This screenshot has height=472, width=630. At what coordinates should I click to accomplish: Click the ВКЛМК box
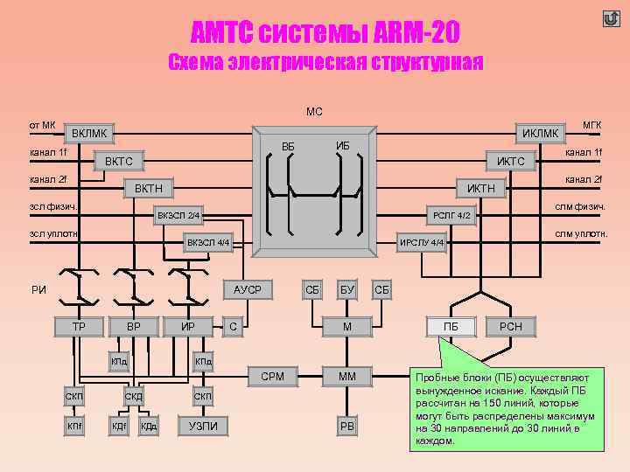[x=90, y=134]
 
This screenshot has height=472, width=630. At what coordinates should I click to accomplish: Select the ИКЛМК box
[x=539, y=133]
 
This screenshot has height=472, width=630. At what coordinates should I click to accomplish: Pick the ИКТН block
[x=480, y=188]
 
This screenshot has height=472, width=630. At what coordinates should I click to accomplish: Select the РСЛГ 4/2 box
[x=452, y=215]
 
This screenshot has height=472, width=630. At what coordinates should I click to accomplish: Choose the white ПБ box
[x=451, y=326]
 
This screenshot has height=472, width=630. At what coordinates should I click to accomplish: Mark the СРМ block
[x=272, y=377]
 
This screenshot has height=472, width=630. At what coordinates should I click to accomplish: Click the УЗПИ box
[x=203, y=426]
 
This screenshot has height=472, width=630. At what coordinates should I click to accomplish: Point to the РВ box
[x=347, y=426]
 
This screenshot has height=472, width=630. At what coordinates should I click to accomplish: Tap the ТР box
[x=78, y=326]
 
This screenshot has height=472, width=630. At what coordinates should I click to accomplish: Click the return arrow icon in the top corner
[x=611, y=18]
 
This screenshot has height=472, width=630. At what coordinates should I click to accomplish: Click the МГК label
[x=591, y=126]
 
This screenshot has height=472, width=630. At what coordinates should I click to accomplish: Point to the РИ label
[x=38, y=290]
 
